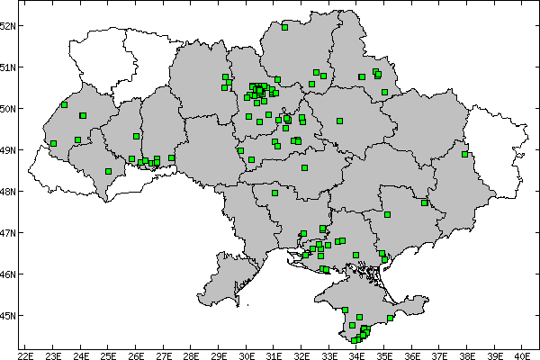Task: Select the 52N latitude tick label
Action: [x=9, y=25]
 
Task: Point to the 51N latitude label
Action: [x=9, y=67]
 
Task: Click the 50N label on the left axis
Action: [x=9, y=108]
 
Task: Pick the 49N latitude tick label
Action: [x=9, y=149]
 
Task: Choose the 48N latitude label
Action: [x=9, y=191]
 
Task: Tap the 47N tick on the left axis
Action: [x=9, y=232]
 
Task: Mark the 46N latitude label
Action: [x=9, y=274]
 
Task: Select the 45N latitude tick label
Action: [x=9, y=315]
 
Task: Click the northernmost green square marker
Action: [x=284, y=27]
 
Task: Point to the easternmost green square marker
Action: [x=465, y=154]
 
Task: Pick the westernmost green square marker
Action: [x=54, y=143]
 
